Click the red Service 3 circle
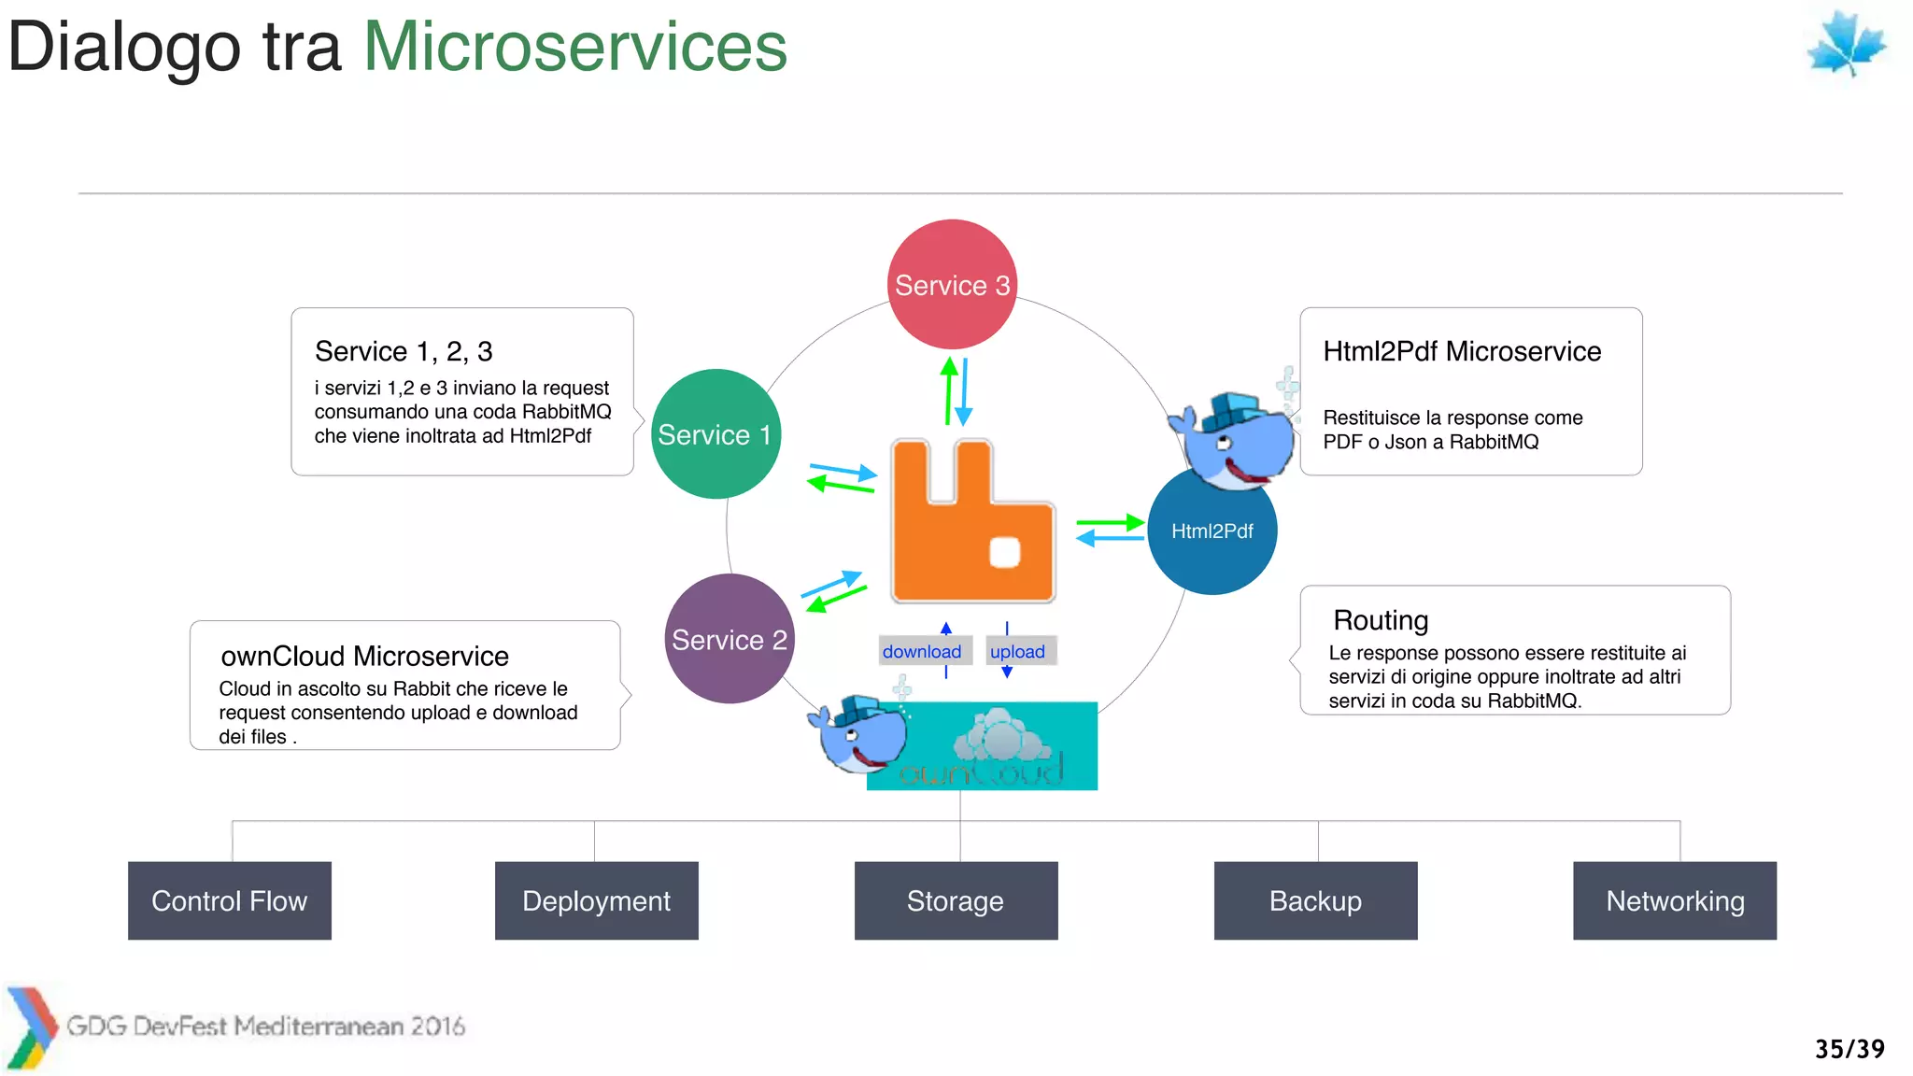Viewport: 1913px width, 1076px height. pos(951,285)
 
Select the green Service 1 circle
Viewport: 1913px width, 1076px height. pos(716,434)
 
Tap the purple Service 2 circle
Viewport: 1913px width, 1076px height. pos(729,640)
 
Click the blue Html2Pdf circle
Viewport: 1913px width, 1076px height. pos(1212,531)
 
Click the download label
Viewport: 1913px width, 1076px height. pos(922,651)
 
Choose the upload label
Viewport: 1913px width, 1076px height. pos(1018,651)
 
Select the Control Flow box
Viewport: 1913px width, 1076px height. pos(230,900)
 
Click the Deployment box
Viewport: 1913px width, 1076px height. pos(596,900)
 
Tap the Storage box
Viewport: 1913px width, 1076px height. pos(956,900)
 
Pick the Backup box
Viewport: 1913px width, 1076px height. pos(1315,900)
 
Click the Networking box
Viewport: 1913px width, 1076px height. pos(1674,900)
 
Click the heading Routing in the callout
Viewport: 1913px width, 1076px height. pos(1381,620)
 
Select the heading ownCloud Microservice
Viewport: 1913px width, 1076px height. pos(364,656)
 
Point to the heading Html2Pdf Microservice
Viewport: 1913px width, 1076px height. pos(1462,351)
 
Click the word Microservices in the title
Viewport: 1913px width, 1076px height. pos(574,47)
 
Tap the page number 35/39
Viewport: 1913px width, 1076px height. pos(1849,1049)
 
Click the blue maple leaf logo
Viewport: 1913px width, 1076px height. pos(1846,43)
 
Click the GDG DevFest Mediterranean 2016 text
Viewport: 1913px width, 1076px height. pos(265,1026)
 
